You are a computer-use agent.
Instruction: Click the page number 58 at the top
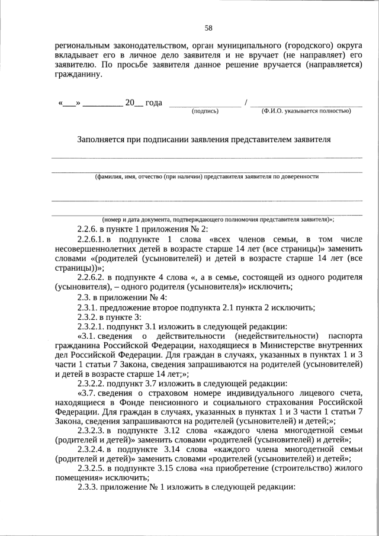(x=208, y=28)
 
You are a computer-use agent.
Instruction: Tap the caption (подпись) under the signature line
(x=205, y=111)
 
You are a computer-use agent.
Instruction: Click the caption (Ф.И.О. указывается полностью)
(x=306, y=111)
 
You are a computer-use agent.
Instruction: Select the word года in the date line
(x=154, y=102)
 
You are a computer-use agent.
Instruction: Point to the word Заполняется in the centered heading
(x=101, y=140)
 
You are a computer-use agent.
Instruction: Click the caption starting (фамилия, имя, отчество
(x=207, y=176)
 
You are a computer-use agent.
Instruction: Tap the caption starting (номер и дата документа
(x=218, y=219)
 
